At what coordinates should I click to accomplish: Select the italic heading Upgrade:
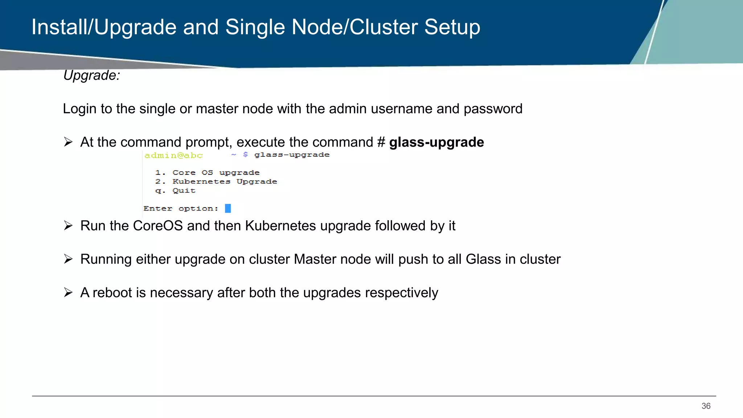point(91,75)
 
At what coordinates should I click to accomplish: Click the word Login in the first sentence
point(79,109)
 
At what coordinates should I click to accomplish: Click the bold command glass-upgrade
point(436,142)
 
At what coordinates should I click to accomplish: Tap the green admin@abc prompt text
point(173,156)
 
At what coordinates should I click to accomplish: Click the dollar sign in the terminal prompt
point(246,155)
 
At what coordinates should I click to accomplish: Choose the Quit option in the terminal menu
point(184,190)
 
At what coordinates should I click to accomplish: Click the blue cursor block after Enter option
point(228,208)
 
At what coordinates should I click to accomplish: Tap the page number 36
point(706,406)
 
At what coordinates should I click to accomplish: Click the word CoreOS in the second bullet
point(158,226)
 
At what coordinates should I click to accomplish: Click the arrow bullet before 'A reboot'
point(68,292)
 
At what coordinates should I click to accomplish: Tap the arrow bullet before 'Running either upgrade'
point(68,259)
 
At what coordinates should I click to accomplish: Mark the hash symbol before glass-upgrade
point(381,142)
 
